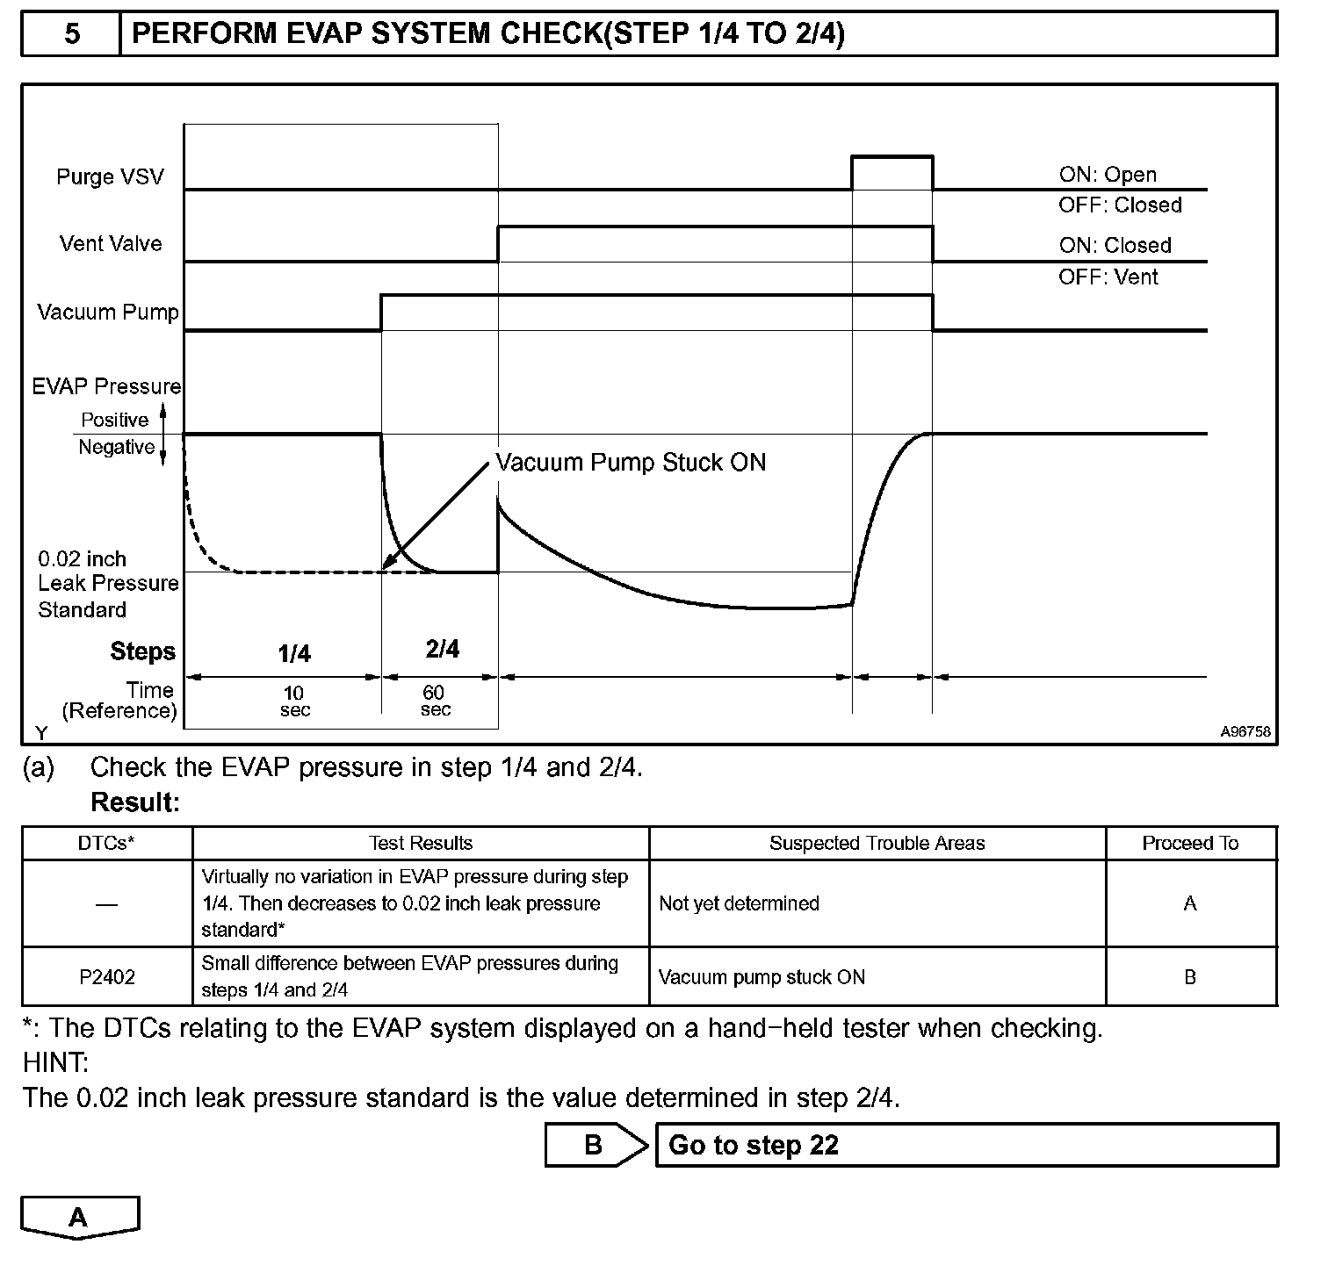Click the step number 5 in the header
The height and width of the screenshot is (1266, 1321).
(72, 34)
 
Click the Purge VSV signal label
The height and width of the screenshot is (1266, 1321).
(110, 176)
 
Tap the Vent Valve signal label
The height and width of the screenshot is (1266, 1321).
(111, 243)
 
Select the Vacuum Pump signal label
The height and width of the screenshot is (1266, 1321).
(108, 312)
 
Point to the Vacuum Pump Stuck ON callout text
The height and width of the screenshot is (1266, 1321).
(631, 463)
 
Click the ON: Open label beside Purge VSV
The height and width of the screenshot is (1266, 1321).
(1108, 175)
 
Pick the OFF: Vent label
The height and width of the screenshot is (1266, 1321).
(1108, 277)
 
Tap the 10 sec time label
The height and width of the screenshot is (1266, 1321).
(294, 701)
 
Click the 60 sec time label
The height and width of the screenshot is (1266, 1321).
(435, 701)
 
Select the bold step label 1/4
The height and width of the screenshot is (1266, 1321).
(294, 653)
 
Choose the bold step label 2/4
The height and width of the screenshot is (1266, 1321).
(442, 649)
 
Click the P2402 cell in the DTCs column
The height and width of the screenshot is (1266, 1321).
(107, 977)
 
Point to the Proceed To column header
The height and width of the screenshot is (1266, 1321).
(1190, 844)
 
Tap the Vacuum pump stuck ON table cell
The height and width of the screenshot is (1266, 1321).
(762, 977)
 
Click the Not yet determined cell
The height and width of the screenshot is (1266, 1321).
(739, 903)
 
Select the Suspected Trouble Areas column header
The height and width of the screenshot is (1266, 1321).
(877, 844)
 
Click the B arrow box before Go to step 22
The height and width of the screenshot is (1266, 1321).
(595, 1145)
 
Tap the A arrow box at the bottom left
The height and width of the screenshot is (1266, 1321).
(79, 1218)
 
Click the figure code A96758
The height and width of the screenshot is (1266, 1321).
(1245, 731)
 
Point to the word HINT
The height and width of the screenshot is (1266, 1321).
(56, 1063)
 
